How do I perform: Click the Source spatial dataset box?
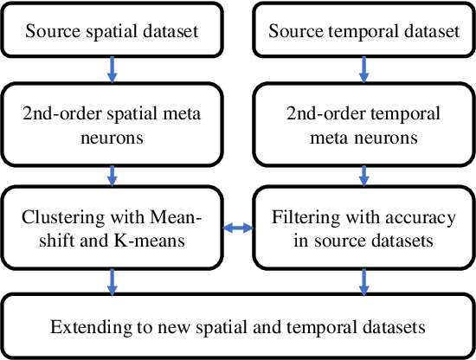click(113, 32)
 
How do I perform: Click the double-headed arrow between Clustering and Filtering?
click(237, 228)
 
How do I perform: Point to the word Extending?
click(83, 328)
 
